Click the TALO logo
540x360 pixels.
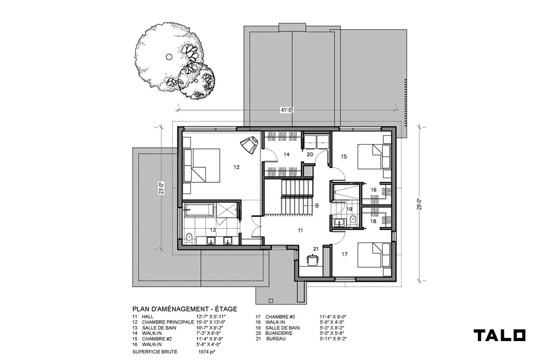(500, 335)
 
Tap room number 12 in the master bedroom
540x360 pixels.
(237, 167)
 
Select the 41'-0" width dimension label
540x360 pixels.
(287, 111)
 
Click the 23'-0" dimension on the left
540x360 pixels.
(160, 188)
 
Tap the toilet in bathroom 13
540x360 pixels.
(188, 238)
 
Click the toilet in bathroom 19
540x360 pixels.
(353, 219)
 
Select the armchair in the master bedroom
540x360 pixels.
(249, 145)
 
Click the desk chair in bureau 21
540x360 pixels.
(313, 260)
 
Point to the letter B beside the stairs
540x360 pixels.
(317, 206)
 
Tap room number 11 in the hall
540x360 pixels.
(300, 230)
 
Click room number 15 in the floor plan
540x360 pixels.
(343, 157)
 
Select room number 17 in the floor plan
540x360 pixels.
(345, 254)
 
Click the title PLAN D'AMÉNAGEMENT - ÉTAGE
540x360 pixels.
(185, 309)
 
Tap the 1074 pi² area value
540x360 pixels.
(207, 352)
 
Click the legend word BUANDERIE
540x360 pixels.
(279, 333)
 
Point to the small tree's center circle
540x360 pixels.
(196, 81)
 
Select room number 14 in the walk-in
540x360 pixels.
(287, 155)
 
